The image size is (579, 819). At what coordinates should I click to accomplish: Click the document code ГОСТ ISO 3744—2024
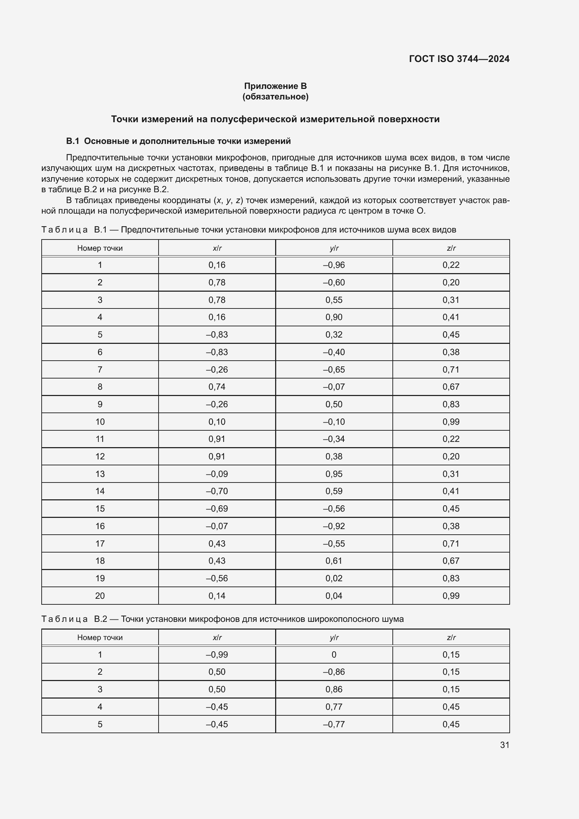pos(459,59)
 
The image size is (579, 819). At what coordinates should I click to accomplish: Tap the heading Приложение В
pos(275,86)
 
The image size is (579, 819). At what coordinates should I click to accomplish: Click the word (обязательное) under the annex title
pos(275,97)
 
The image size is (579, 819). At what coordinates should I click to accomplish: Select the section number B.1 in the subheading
pos(72,141)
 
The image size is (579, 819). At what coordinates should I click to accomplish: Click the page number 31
pos(504,745)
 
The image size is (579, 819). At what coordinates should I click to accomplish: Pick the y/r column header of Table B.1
pos(334,248)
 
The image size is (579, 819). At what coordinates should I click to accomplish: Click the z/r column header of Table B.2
pos(451,637)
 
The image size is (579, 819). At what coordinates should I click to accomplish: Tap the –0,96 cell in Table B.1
pos(334,265)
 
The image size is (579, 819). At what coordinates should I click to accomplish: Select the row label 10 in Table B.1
pos(100,422)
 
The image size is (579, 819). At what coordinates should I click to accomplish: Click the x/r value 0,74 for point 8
pos(217,387)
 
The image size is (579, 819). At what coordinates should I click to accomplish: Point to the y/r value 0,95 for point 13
pos(334,474)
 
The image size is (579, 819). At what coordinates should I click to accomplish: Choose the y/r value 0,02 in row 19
pos(334,578)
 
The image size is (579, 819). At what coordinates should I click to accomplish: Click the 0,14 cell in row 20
pos(217,596)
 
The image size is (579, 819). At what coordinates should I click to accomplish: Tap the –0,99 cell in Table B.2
pos(217,654)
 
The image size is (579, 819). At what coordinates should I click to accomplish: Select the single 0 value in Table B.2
pos(334,654)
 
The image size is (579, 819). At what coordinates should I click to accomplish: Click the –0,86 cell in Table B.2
pos(334,672)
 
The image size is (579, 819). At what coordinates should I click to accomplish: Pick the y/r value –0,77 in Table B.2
pos(334,724)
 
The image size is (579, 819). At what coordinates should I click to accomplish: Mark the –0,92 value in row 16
pos(334,526)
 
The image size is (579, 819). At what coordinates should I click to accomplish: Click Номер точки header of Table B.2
pos(100,637)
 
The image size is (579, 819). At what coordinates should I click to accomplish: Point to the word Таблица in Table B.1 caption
pos(64,230)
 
